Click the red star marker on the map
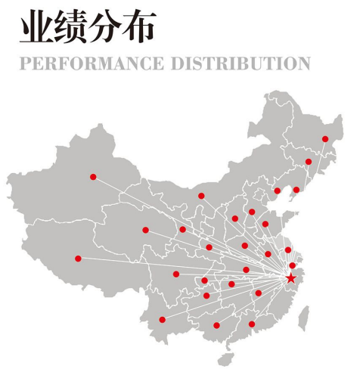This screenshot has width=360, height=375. pos(291,278)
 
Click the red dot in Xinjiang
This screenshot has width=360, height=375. pos(93,177)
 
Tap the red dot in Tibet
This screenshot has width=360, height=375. pos(78,259)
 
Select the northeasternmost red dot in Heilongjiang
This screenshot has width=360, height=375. pos(325,139)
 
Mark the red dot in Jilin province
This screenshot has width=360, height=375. pos(309,162)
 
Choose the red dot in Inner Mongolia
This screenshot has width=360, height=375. pos(201,196)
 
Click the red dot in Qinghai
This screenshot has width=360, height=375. pos(145,230)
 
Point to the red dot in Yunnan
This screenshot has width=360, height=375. pos(162,320)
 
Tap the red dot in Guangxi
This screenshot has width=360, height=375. pos(216,325)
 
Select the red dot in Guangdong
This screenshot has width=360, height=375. pos(252,324)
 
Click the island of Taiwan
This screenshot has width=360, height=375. pos(306,314)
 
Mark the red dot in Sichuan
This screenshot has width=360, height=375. pos(176,274)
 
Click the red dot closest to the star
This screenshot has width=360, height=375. pos(293,265)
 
